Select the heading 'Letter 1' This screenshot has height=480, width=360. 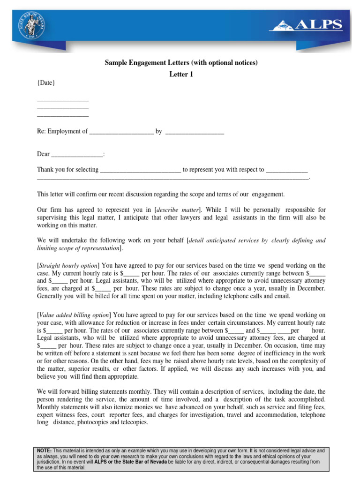[180, 74]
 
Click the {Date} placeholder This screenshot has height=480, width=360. [46, 83]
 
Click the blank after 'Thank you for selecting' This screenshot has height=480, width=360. [141, 170]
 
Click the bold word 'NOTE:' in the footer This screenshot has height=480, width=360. [45, 450]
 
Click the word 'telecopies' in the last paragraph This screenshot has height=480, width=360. [133, 422]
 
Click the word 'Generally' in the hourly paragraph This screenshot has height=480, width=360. [51, 296]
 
